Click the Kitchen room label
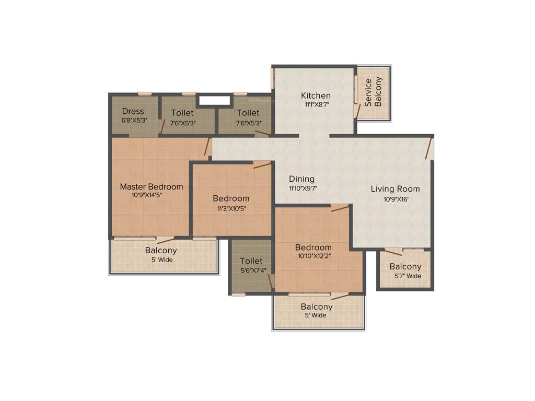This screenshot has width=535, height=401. pyautogui.click(x=316, y=96)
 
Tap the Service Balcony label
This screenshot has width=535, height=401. pyautogui.click(x=373, y=92)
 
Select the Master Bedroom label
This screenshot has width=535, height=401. pyautogui.click(x=152, y=186)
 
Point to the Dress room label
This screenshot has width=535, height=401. pyautogui.click(x=133, y=111)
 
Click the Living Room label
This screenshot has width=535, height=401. pyautogui.click(x=395, y=189)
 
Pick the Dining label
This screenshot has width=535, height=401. pyautogui.click(x=301, y=179)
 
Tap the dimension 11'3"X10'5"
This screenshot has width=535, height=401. pyautogui.click(x=231, y=208)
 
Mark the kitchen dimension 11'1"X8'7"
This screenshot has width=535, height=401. pyautogui.click(x=316, y=104)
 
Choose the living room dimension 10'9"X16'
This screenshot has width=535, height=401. pyautogui.click(x=395, y=198)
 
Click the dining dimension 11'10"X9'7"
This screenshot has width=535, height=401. pyautogui.click(x=303, y=188)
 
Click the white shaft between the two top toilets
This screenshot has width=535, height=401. pyautogui.click(x=214, y=100)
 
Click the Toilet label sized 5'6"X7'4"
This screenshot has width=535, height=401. pyautogui.click(x=251, y=261)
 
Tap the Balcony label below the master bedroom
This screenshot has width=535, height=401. pyautogui.click(x=161, y=251)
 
